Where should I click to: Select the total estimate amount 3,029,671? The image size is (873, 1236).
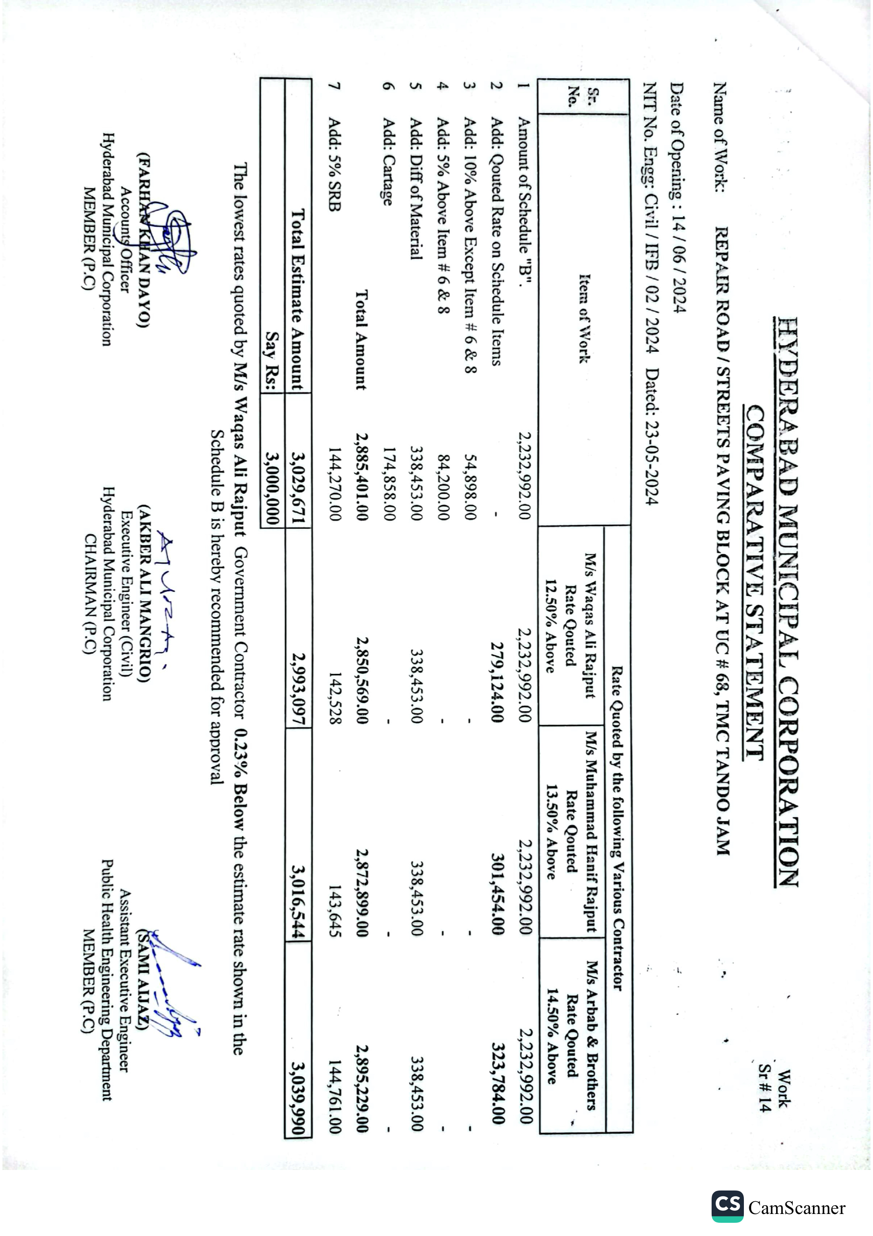point(299,488)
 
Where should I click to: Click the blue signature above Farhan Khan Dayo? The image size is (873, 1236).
point(172,242)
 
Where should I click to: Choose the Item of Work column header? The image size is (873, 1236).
point(584,318)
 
